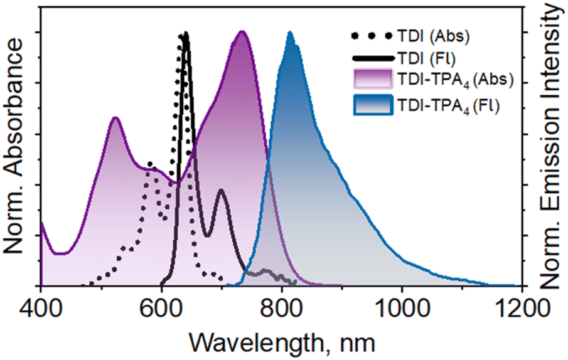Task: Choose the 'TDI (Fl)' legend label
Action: pyautogui.click(x=426, y=58)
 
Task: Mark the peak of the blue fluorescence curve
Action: pyautogui.click(x=290, y=33)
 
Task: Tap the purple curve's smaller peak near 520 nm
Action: pyautogui.click(x=114, y=118)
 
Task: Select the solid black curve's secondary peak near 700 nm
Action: pyautogui.click(x=220, y=190)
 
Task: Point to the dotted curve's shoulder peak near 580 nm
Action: pyautogui.click(x=150, y=164)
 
